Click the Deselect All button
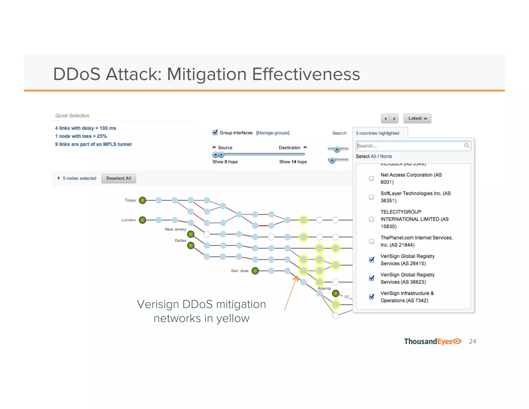119,178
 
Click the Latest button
417,118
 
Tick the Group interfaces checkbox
215,133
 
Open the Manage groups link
273,133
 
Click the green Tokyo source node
142,200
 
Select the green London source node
142,220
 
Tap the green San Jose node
255,271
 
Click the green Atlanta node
335,293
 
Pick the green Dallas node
191,245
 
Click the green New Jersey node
191,234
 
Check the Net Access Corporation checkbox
371,179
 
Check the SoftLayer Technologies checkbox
371,197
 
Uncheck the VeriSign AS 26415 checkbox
371,260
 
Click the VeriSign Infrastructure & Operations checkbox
371,297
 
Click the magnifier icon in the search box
466,146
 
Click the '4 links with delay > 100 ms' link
85,128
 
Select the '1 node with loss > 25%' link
81,136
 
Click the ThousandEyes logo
432,342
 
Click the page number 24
472,342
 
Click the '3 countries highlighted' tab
377,133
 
